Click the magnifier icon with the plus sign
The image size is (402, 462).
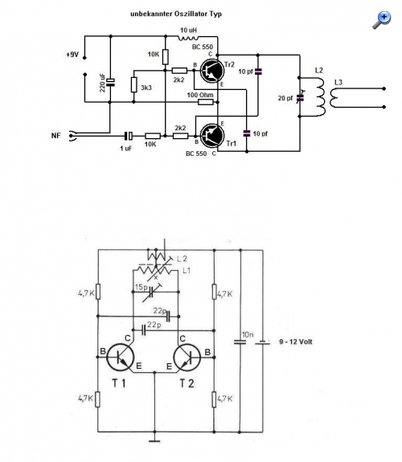pos(382,20)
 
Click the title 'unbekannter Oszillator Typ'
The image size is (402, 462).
pos(176,14)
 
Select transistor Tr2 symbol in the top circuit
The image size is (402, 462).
pos(212,71)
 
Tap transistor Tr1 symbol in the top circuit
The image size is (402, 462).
pos(212,136)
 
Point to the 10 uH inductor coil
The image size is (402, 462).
pos(188,38)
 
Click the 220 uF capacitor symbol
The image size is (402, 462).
pos(111,82)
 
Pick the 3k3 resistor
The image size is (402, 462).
pos(134,85)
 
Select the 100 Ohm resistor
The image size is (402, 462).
pos(206,102)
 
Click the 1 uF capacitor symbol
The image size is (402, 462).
pos(129,136)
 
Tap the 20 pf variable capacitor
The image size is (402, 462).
pos(300,97)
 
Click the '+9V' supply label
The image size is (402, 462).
pos(72,55)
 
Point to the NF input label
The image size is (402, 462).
pos(56,136)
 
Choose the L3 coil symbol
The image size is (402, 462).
pos(334,98)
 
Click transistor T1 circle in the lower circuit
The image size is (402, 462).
pos(121,357)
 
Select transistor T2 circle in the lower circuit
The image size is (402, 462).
pos(187,357)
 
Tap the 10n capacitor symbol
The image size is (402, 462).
pos(240,342)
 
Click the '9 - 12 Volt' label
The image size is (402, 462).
pos(296,341)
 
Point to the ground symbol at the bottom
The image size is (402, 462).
pos(154,441)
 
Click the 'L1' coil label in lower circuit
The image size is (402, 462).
pos(187,270)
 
